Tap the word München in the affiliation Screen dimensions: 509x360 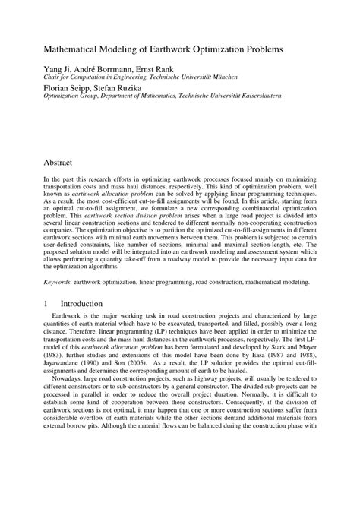coord(218,77)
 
